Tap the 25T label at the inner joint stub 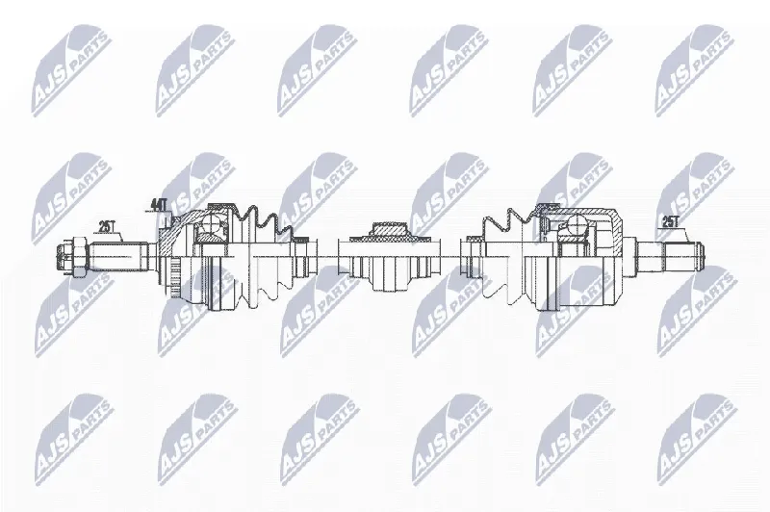coord(669,222)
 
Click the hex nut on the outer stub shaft coord(79,256)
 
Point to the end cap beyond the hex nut coord(64,256)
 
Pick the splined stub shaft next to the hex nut coord(116,256)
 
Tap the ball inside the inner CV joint coord(577,225)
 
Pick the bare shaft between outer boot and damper coord(328,256)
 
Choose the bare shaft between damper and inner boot coord(450,256)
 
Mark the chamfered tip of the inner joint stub coord(702,256)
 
